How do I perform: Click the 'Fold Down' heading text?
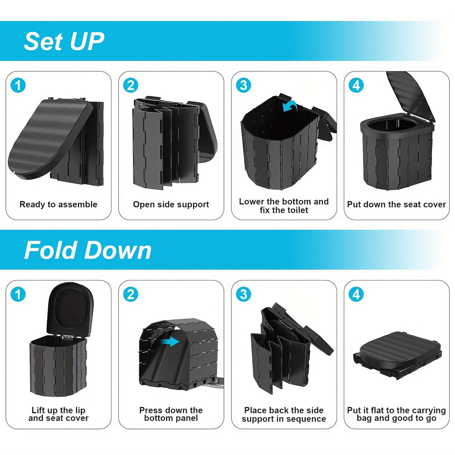pyautogui.click(x=88, y=250)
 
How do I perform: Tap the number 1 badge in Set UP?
pyautogui.click(x=18, y=85)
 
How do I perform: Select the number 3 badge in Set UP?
pyautogui.click(x=243, y=85)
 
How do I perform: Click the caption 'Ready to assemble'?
pyautogui.click(x=58, y=204)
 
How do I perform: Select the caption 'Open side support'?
pyautogui.click(x=171, y=204)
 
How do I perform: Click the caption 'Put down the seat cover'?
pyautogui.click(x=396, y=204)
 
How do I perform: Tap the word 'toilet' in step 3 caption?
pyautogui.click(x=296, y=210)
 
